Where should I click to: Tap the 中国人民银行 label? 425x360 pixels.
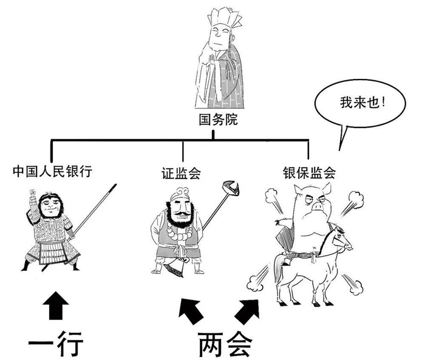52,171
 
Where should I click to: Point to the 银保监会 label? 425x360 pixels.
309,172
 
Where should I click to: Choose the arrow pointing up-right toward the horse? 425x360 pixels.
250,308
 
